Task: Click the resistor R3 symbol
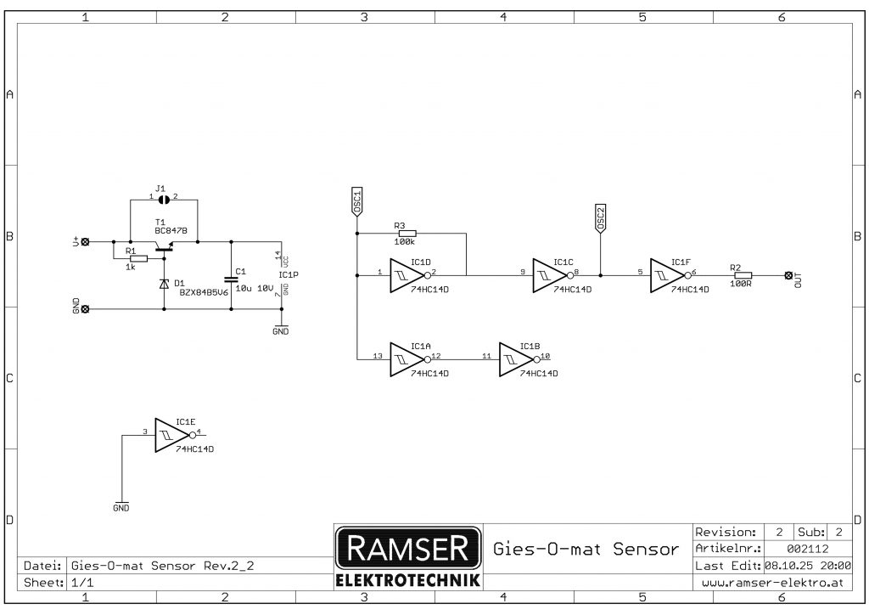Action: [407, 233]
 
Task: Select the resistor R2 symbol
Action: [743, 274]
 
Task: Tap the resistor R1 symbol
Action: [138, 258]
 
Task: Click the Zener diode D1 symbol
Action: [164, 284]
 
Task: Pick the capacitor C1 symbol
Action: [230, 278]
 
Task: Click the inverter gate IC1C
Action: [550, 274]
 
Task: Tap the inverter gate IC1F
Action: [668, 274]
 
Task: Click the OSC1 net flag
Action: [357, 201]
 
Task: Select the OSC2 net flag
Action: [600, 219]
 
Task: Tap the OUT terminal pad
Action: [788, 275]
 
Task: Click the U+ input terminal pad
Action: [84, 242]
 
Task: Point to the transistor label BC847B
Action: [171, 230]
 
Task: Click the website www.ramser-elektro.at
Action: [772, 583]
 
